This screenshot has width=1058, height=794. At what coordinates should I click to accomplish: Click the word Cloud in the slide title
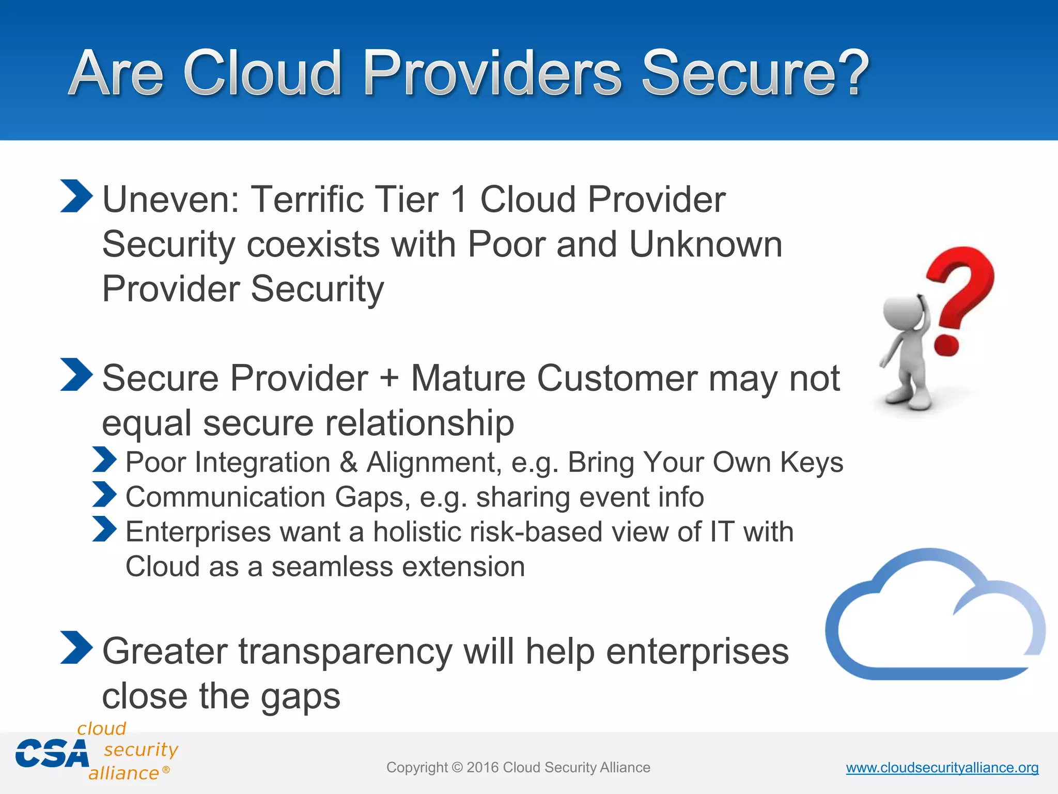point(262,73)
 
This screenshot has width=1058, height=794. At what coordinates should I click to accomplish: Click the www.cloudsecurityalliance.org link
point(942,768)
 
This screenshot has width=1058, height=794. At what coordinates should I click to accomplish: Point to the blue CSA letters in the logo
point(52,754)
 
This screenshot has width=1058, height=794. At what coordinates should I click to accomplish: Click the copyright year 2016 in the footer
point(483,768)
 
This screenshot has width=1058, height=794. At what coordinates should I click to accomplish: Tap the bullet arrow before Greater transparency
point(76,647)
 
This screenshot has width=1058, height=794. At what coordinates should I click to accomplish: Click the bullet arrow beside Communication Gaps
point(105,494)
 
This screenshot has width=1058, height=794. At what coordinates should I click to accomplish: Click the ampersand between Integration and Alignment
point(349,462)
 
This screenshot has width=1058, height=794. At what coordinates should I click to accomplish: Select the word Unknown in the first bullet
point(705,244)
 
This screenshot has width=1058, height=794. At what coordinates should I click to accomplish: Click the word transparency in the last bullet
point(345,652)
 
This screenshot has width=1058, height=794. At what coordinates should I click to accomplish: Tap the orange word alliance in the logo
point(123,773)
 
